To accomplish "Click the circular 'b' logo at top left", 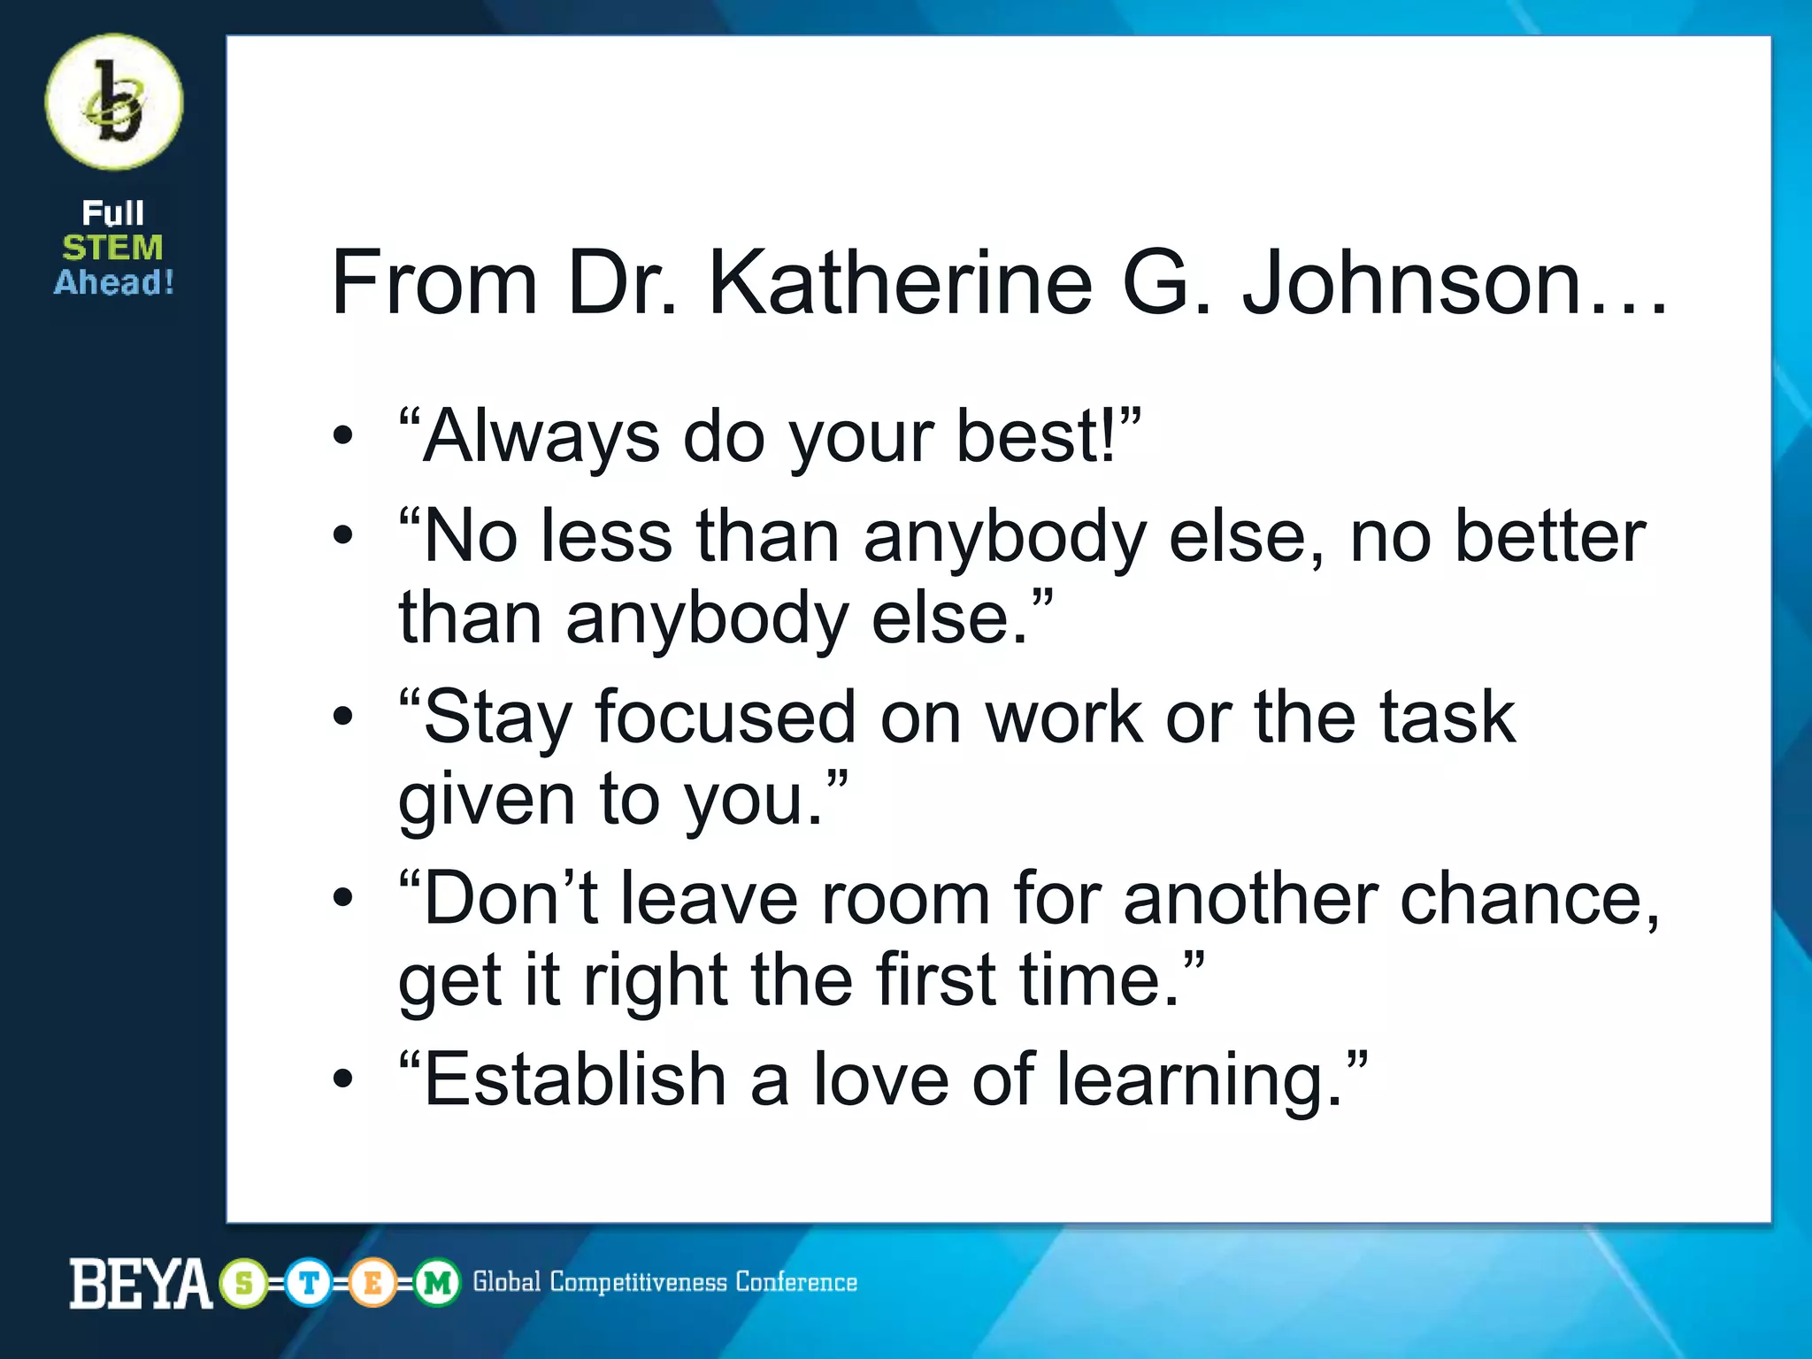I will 114,103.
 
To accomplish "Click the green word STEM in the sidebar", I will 112,248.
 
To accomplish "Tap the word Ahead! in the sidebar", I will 114,282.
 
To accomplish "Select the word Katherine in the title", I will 900,282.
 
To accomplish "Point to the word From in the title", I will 434,282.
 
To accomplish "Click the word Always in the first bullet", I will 541,436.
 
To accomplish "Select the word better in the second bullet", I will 1549,536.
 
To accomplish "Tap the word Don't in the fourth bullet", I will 511,899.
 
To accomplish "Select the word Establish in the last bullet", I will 574,1079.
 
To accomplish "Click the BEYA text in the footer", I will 140,1283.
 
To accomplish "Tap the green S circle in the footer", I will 243,1283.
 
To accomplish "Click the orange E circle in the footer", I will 372,1283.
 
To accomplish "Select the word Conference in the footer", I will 796,1282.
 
